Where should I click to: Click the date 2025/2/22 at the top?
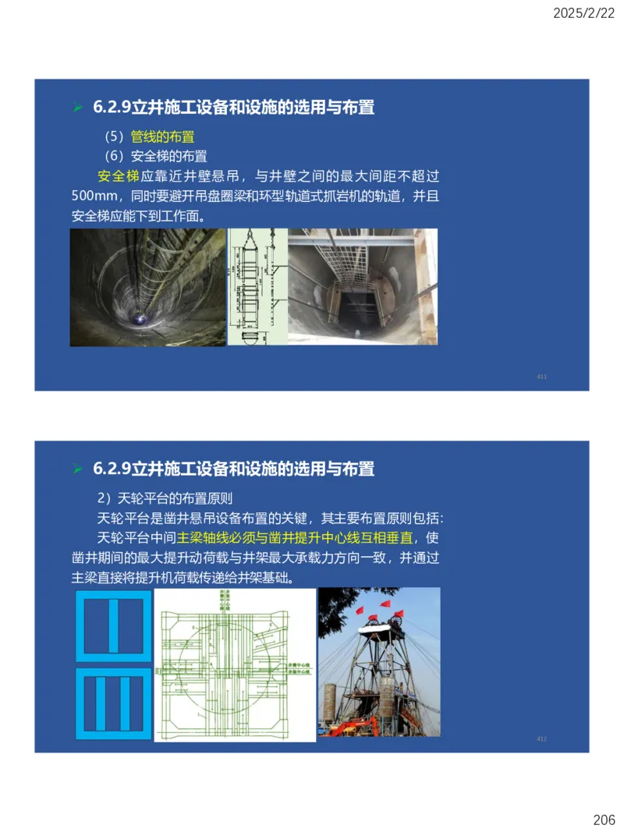[x=583, y=12]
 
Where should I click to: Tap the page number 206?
[x=603, y=820]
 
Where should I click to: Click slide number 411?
[x=541, y=377]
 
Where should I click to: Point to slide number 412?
[x=541, y=738]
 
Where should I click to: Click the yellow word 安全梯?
[x=118, y=176]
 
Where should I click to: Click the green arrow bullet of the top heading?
[x=77, y=108]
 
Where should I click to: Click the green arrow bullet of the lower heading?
[x=77, y=469]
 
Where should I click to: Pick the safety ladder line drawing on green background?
[x=257, y=287]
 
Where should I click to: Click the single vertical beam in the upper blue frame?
[x=114, y=625]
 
